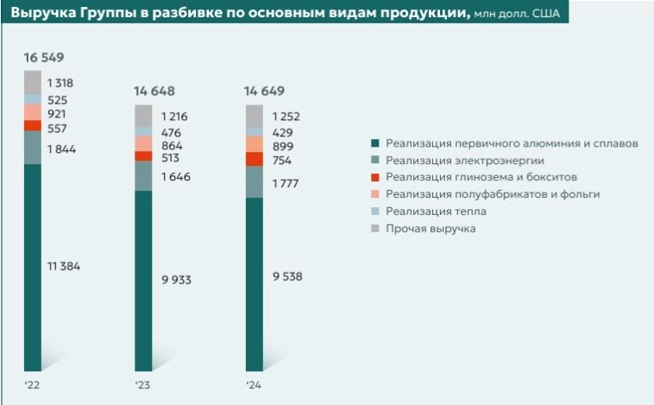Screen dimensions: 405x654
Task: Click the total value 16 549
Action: click(x=44, y=58)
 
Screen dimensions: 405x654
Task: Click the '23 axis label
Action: click(x=141, y=384)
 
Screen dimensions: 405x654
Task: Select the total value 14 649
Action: click(x=264, y=91)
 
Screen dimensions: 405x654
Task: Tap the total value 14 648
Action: click(x=154, y=92)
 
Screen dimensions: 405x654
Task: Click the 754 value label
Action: click(x=280, y=160)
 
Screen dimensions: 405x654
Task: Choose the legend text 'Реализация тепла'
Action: click(x=436, y=212)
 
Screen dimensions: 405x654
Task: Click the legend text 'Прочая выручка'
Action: click(x=431, y=229)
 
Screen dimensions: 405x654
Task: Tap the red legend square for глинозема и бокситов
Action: click(x=374, y=178)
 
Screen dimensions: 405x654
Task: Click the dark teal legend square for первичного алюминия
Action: click(x=374, y=143)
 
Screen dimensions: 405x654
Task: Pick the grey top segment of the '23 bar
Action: click(x=143, y=116)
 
